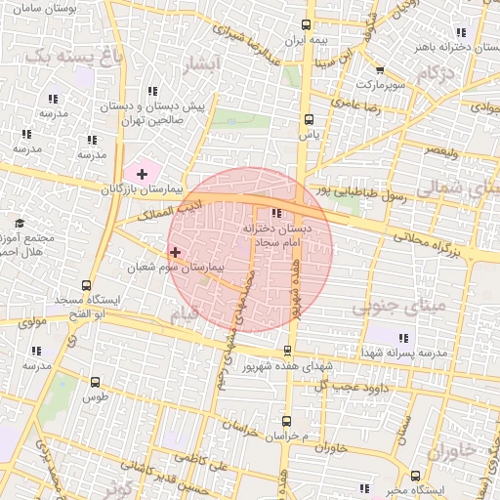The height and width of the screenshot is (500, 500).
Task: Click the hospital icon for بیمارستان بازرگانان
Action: click(x=143, y=174)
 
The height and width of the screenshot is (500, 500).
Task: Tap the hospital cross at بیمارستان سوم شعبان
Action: click(x=175, y=252)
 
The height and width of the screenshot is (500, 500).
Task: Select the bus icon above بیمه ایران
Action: click(x=308, y=25)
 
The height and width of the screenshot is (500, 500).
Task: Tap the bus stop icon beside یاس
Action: click(x=309, y=120)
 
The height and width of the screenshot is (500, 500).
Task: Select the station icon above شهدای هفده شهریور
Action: click(x=287, y=351)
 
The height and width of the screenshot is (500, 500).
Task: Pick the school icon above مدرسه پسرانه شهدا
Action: click(x=403, y=338)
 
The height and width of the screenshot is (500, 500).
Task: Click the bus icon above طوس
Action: click(x=95, y=383)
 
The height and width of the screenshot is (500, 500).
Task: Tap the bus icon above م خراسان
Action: click(x=286, y=420)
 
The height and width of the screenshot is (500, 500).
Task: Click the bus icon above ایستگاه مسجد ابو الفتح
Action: click(x=87, y=286)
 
